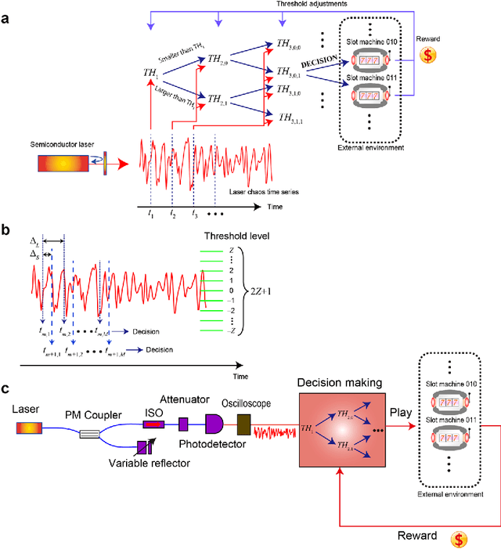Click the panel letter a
6,16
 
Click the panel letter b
6,230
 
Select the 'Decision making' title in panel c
338,383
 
